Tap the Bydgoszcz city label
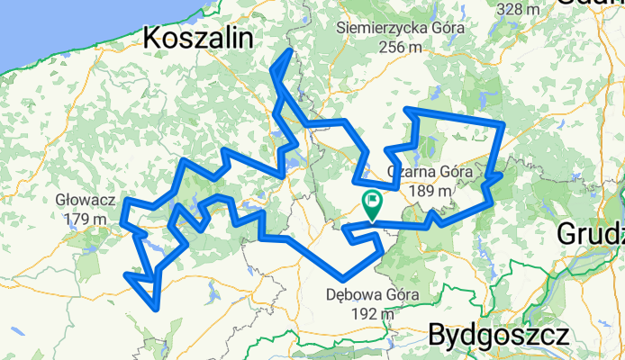pyautogui.click(x=498, y=336)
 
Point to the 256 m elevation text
pyautogui.click(x=401, y=47)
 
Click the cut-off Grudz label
pyautogui.click(x=591, y=233)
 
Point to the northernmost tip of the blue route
pyautogui.click(x=290, y=50)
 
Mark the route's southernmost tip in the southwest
pyautogui.click(x=159, y=309)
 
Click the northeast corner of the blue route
pyautogui.click(x=502, y=122)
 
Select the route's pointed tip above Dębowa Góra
pyautogui.click(x=340, y=276)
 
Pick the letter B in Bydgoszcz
pyautogui.click(x=439, y=336)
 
